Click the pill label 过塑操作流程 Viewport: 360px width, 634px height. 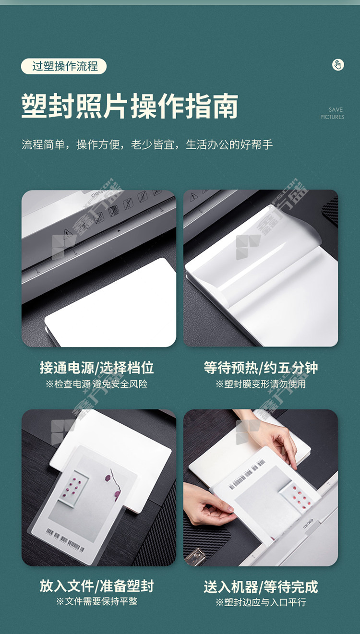click(x=64, y=66)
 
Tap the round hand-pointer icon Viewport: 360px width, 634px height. click(x=338, y=65)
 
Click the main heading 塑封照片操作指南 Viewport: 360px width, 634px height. click(x=130, y=106)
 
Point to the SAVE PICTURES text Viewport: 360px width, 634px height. click(x=332, y=113)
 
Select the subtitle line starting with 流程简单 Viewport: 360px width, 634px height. click(x=147, y=144)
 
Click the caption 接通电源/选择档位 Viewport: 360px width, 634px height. click(x=97, y=368)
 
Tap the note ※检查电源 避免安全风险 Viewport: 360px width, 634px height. click(x=96, y=384)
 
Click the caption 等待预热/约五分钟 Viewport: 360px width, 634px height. click(x=261, y=368)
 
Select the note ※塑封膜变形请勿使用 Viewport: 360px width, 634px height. click(x=261, y=384)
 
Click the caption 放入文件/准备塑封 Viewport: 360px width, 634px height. click(x=97, y=586)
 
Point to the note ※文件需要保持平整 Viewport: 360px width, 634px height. click(x=97, y=601)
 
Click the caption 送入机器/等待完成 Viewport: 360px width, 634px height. click(x=261, y=587)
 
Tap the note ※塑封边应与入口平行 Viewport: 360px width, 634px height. click(x=261, y=602)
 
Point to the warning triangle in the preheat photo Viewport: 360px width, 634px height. click(x=193, y=196)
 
